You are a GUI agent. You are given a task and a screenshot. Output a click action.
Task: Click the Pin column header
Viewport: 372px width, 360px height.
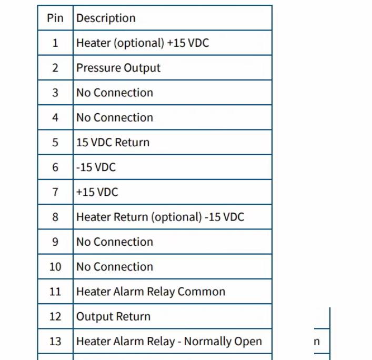[x=55, y=18]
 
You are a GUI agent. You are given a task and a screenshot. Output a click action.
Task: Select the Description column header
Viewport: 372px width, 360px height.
[x=106, y=18]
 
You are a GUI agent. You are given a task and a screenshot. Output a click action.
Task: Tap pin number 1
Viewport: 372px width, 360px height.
[x=55, y=43]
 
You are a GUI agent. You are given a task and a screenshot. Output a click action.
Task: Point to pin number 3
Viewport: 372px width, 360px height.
[x=55, y=93]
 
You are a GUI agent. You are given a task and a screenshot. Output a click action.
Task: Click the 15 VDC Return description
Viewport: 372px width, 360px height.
[x=113, y=143]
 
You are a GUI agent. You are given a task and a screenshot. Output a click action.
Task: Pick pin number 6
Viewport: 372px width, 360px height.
[x=55, y=167]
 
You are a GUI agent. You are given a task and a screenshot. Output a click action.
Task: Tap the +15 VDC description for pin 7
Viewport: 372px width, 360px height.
[x=97, y=192]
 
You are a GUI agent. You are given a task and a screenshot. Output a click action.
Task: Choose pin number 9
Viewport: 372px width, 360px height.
[x=55, y=242]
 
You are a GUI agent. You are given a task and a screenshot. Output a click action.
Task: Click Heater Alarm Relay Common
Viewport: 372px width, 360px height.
[x=150, y=292]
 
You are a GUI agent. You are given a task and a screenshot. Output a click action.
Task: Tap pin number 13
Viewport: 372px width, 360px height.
[x=55, y=341]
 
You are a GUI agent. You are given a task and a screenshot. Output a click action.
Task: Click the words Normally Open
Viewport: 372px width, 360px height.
[x=223, y=342]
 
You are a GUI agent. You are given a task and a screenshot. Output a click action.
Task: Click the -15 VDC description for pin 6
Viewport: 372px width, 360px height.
[x=96, y=167]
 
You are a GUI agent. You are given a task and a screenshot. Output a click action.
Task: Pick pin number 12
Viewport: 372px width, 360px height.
[x=55, y=316]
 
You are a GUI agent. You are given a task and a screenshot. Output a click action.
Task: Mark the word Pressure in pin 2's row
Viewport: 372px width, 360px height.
[x=98, y=68]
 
